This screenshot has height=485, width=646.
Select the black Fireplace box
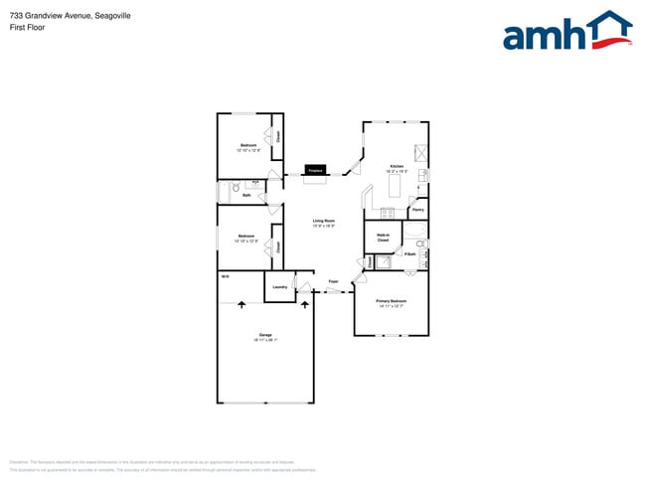point(316,171)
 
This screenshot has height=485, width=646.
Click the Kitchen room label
point(396,166)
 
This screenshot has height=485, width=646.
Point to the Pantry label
point(418,210)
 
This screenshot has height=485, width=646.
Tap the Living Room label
point(324,221)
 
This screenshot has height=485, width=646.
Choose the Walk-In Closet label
point(383,238)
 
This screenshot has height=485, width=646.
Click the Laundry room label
point(279,287)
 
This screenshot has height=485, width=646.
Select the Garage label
point(265,335)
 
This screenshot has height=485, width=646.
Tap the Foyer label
point(333,281)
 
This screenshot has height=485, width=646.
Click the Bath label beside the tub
point(245,195)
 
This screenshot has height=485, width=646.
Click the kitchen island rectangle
point(395,184)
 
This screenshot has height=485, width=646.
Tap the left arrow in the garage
point(241,304)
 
